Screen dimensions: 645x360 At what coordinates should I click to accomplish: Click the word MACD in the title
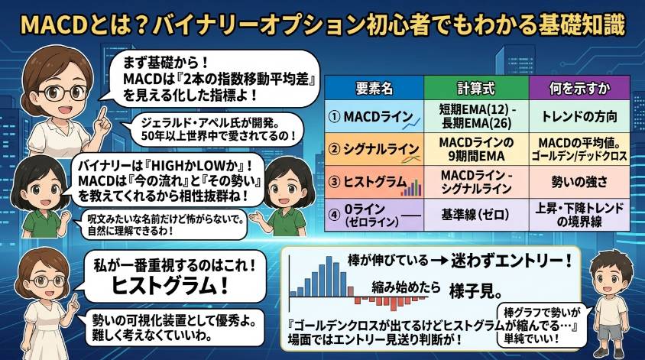(54, 25)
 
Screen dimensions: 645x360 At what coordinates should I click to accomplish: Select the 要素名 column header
(374, 89)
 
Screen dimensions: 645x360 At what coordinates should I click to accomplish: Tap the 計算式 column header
(476, 89)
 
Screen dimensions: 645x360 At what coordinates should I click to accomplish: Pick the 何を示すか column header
(579, 89)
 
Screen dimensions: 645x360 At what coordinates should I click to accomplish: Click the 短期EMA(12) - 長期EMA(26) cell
(476, 116)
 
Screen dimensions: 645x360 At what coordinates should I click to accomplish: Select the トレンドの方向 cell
(579, 116)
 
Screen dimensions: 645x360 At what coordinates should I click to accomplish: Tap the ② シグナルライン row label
(374, 149)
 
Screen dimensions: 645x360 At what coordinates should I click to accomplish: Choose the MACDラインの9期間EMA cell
(476, 149)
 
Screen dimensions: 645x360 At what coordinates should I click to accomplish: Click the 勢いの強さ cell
(579, 182)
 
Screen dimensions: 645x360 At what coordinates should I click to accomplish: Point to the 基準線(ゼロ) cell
(476, 214)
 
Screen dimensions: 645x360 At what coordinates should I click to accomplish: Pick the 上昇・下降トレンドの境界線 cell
(579, 214)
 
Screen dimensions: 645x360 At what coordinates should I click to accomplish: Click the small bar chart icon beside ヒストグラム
(411, 187)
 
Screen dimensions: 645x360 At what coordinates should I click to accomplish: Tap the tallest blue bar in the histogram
(329, 277)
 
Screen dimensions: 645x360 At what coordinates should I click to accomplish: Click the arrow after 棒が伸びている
(439, 261)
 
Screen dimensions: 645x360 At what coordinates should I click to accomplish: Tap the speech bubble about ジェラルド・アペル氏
(216, 128)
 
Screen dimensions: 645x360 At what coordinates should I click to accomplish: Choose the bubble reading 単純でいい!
(540, 326)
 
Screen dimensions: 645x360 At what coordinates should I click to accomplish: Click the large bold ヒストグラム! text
(170, 286)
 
